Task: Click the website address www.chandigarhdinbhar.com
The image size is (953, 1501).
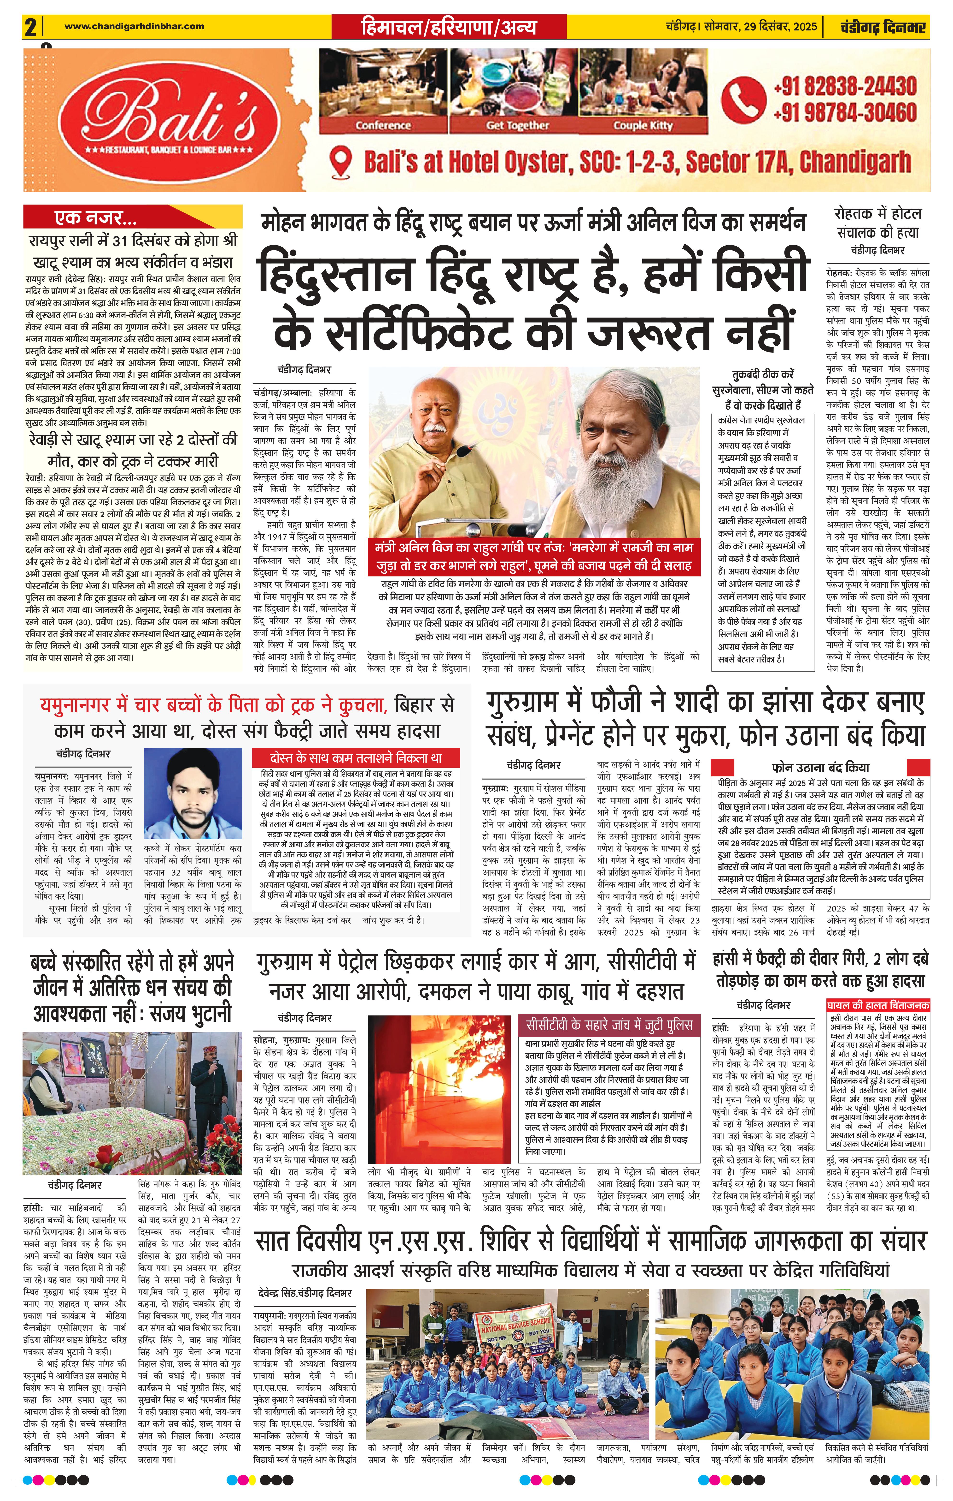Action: [134, 26]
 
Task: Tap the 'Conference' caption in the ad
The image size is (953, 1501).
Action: [383, 125]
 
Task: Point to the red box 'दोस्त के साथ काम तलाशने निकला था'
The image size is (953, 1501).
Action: [356, 758]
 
